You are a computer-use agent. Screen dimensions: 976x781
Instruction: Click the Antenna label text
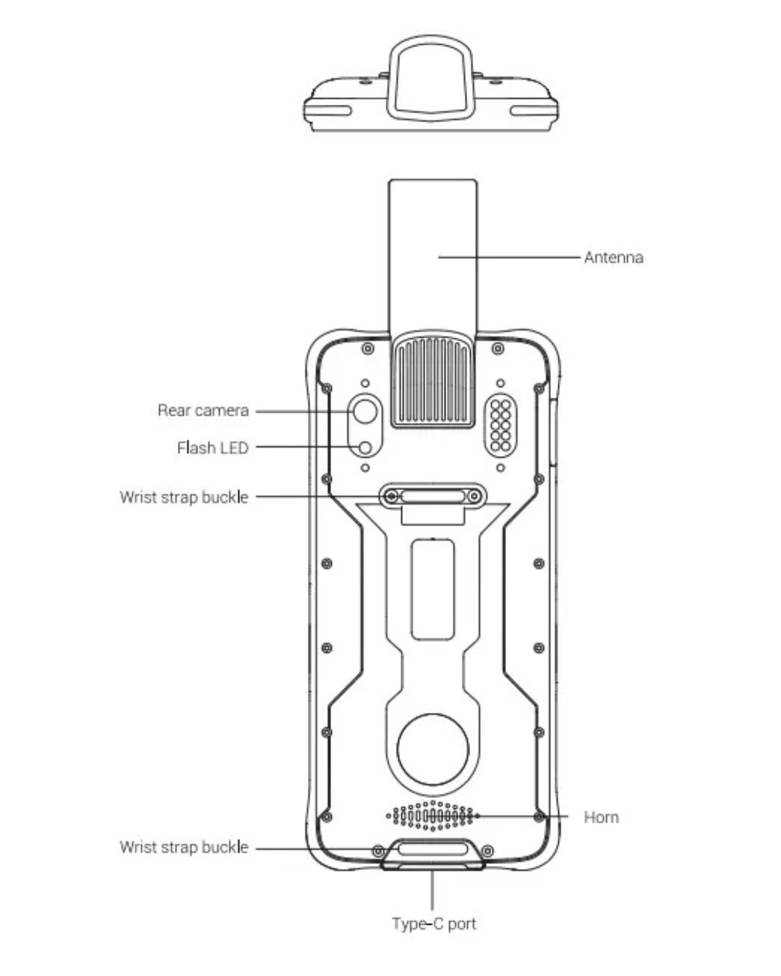click(613, 257)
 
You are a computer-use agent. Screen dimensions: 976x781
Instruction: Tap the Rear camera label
click(203, 411)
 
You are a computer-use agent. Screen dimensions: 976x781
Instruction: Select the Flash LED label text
click(213, 448)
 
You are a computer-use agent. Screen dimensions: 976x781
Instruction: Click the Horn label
click(601, 818)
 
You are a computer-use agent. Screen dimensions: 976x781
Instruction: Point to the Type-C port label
click(434, 924)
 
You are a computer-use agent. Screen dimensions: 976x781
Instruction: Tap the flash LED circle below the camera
click(365, 448)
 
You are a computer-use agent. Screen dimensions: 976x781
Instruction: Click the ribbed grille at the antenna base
click(432, 381)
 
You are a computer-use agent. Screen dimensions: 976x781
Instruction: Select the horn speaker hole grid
click(432, 816)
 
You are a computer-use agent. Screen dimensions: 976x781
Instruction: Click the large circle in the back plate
click(432, 750)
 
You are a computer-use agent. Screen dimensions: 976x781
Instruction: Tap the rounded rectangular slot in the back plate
click(432, 589)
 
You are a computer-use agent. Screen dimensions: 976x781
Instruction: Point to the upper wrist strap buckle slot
click(432, 497)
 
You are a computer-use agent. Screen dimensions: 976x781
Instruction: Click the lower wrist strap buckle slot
click(432, 849)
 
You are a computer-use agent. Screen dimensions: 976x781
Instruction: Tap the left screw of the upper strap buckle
click(391, 497)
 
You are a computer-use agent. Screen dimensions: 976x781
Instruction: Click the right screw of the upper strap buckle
click(474, 497)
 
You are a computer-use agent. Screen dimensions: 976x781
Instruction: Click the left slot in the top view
click(329, 111)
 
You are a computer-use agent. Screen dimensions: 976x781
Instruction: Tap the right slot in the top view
click(534, 111)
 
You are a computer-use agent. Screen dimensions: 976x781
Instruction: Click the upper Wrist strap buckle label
click(184, 497)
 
